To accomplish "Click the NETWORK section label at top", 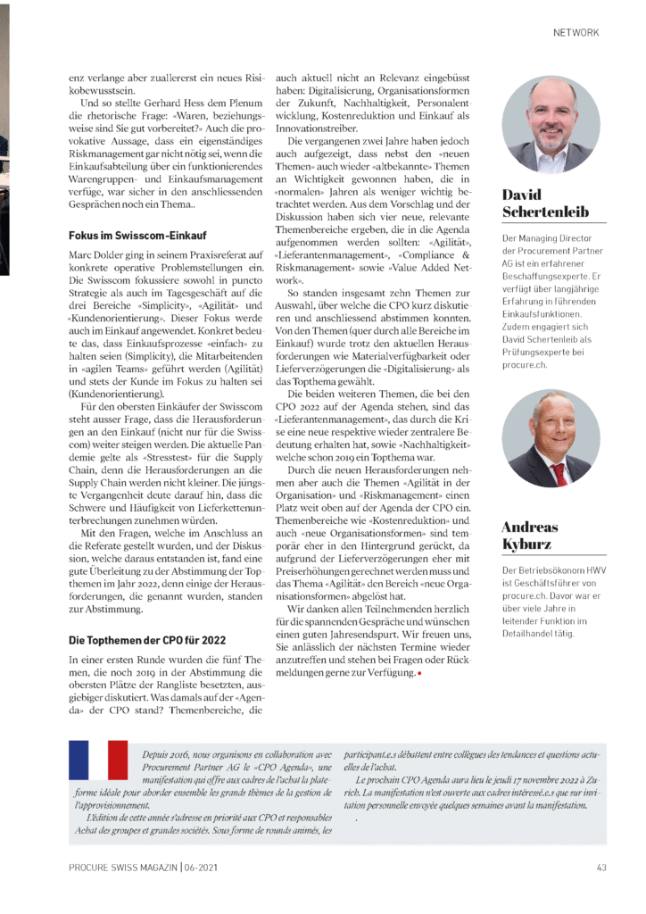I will (576, 33).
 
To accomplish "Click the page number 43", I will (602, 866).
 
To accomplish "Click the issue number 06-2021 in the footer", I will (201, 866).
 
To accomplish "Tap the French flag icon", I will (98, 760).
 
